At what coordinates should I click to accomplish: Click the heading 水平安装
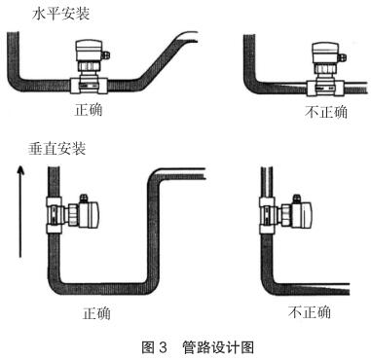point(60,14)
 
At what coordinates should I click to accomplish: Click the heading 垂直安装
point(56,149)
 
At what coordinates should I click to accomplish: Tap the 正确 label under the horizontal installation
point(89,110)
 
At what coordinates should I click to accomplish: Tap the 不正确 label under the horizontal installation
point(326,112)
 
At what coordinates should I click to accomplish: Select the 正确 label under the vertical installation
point(96,313)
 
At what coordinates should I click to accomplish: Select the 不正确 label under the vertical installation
point(310,312)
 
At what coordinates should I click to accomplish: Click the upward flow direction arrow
point(20,211)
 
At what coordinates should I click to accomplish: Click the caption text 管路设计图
point(218,347)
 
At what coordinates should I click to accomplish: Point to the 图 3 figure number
point(154,347)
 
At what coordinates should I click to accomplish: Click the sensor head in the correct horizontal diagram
point(89,51)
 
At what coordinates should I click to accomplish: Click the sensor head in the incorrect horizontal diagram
point(325,53)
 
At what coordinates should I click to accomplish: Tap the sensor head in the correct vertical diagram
point(89,214)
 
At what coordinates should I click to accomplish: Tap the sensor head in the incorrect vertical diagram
point(302,213)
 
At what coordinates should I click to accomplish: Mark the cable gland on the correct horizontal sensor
point(106,54)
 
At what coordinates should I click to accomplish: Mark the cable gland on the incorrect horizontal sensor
point(343,56)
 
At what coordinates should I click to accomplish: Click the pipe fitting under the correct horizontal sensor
point(89,87)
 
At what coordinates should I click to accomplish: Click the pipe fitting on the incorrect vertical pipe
point(268,215)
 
